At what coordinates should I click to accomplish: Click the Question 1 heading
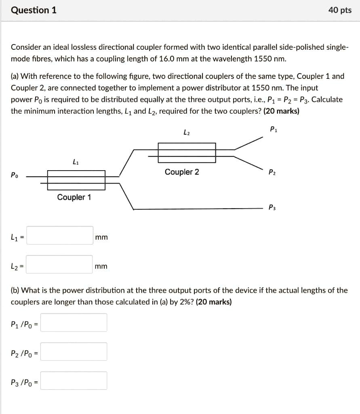point(34,10)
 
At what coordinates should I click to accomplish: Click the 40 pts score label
point(340,10)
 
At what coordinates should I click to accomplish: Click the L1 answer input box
point(60,236)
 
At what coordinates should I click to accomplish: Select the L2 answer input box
point(60,265)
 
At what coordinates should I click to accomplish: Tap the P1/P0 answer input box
point(74,323)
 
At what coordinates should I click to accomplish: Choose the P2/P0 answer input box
point(74,352)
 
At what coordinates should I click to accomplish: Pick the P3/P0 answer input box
point(74,381)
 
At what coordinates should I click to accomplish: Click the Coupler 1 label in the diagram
point(74,197)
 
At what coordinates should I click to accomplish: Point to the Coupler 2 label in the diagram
point(181,172)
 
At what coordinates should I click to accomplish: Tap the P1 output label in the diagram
point(273,130)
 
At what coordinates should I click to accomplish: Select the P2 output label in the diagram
point(272,173)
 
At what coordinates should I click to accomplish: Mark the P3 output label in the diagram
point(272,208)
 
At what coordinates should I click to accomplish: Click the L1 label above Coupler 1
point(75,162)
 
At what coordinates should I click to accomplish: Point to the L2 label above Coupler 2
point(186,132)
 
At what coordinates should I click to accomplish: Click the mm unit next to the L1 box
point(101,237)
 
